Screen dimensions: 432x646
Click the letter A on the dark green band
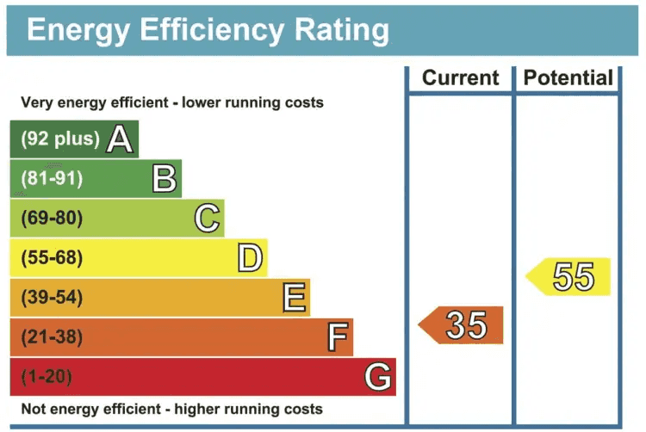(x=120, y=139)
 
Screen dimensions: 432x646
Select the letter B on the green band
(x=164, y=178)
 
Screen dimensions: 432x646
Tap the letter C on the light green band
(x=207, y=219)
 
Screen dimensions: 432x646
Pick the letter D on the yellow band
(x=250, y=258)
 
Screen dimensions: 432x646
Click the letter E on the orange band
(x=294, y=298)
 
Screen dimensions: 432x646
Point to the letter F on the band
(x=337, y=337)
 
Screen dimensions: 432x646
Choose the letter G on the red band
(x=378, y=377)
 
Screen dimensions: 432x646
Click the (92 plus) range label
(x=59, y=139)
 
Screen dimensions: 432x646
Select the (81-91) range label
(x=52, y=179)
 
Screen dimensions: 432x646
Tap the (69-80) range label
(x=52, y=219)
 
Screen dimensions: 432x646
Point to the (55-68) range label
(x=52, y=258)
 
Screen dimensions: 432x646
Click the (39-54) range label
(x=52, y=298)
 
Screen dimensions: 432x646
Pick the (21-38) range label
(x=52, y=337)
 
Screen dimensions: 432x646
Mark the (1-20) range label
(x=47, y=377)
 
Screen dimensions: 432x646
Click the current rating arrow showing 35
(x=462, y=325)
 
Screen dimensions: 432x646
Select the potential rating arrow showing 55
(x=569, y=277)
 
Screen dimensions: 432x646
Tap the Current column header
(x=460, y=78)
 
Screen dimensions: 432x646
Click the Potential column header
(x=568, y=78)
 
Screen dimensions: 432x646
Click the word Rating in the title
(x=331, y=30)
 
